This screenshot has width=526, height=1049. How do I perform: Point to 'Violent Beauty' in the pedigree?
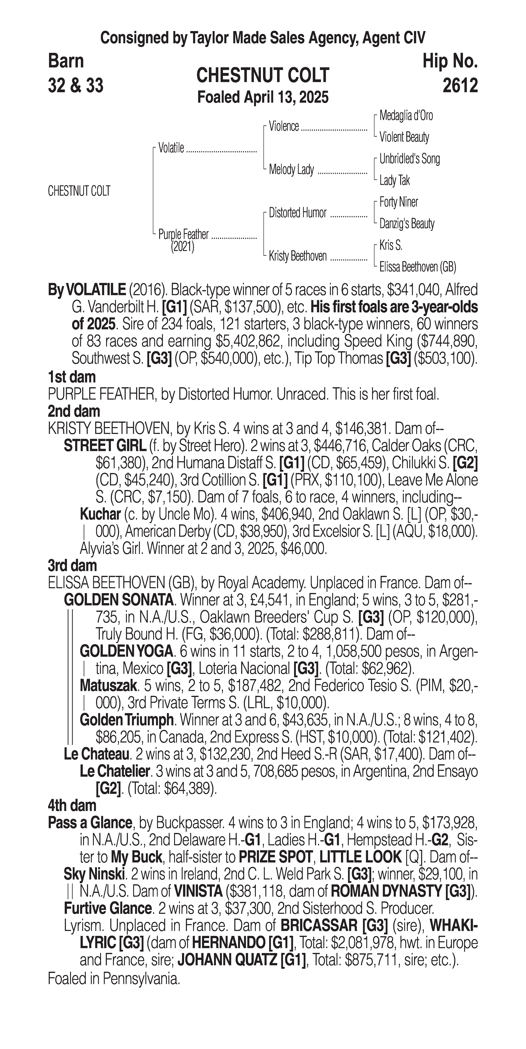(x=404, y=137)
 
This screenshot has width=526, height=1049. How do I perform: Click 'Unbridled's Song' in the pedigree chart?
(x=409, y=159)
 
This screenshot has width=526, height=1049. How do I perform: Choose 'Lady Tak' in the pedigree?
(x=394, y=180)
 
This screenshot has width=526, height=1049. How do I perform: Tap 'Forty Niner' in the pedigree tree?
(x=398, y=202)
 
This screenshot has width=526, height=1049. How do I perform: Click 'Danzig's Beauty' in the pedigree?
(x=406, y=224)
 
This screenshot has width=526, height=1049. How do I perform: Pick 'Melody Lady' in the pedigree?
(x=291, y=169)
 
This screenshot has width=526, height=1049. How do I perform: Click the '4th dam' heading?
(x=72, y=805)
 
